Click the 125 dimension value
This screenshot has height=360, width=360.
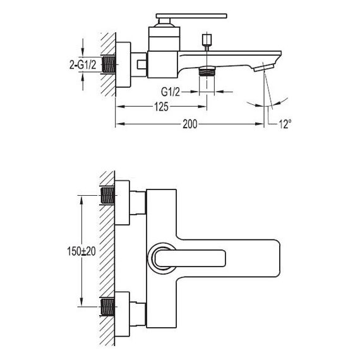(x=161, y=107)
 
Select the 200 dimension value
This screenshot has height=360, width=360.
(x=190, y=124)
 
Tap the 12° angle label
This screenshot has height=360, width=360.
(x=285, y=124)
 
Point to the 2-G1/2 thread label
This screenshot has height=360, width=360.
(x=83, y=65)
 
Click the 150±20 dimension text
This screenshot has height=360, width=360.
(x=81, y=251)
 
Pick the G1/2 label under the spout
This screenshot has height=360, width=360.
(x=171, y=92)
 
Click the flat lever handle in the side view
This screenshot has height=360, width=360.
(x=191, y=16)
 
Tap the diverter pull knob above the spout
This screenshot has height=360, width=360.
(x=207, y=40)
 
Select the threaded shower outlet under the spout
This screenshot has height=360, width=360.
(x=207, y=71)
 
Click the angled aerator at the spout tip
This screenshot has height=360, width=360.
(x=264, y=68)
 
